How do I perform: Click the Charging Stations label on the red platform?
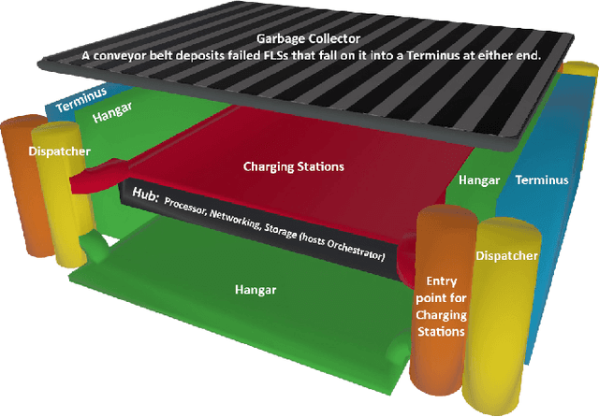coord(294,167)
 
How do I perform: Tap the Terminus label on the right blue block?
coord(542,179)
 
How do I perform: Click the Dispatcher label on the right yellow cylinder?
coord(507,255)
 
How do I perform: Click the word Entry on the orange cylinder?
coord(442,280)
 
